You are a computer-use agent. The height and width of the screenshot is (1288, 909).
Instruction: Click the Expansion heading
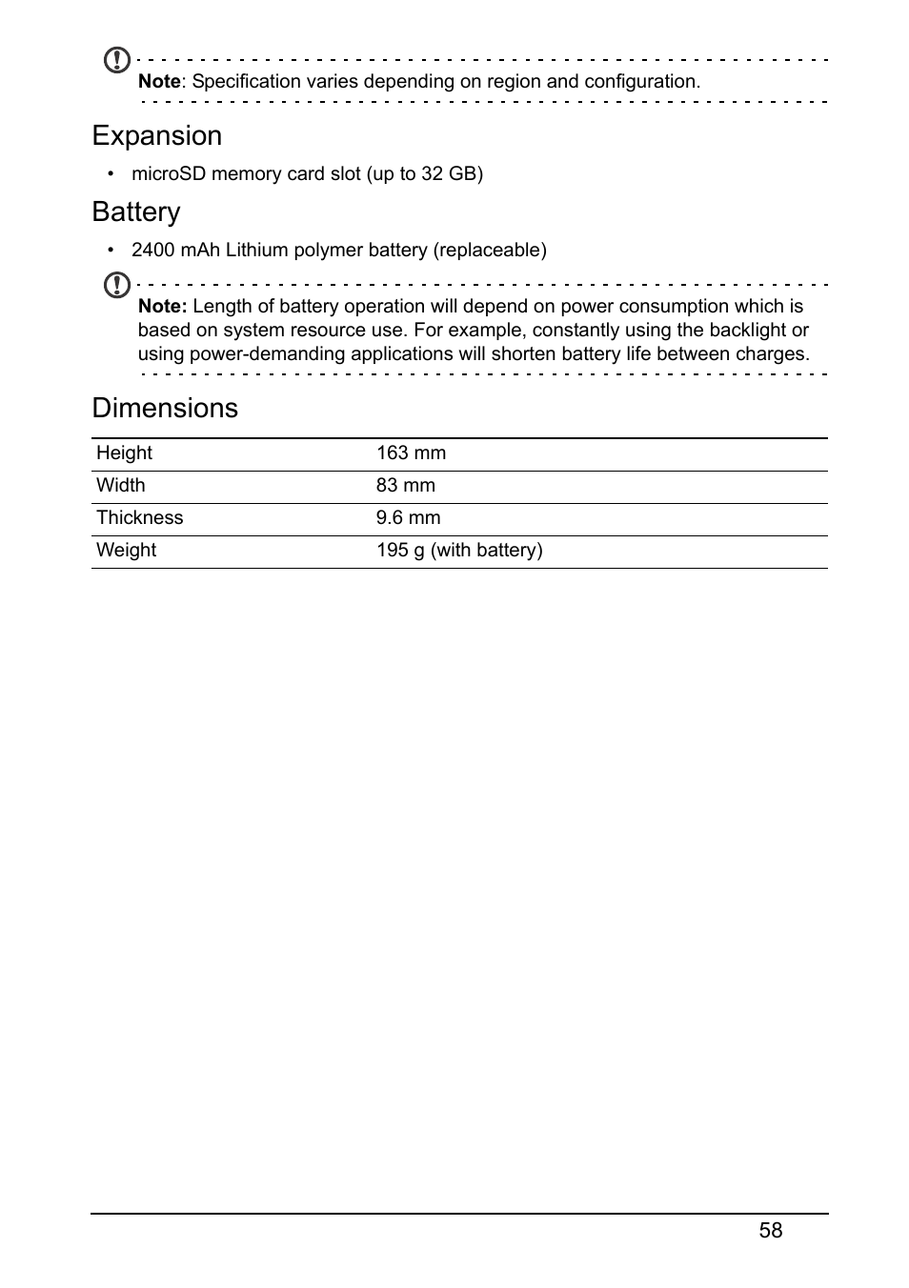[x=157, y=136]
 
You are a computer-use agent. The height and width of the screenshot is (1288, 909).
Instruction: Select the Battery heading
[x=136, y=212]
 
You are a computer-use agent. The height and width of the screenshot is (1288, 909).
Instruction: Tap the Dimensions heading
[x=165, y=409]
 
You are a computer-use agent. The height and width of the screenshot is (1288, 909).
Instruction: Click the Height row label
[x=124, y=453]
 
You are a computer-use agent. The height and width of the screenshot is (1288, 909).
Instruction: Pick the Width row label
[x=121, y=486]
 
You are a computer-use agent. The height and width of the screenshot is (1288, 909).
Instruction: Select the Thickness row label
[x=139, y=518]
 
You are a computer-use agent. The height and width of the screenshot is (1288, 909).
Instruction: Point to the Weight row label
[x=126, y=551]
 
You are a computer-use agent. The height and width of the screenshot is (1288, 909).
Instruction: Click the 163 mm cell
[x=411, y=453]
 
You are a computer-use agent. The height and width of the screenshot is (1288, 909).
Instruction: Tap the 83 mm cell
[x=405, y=486]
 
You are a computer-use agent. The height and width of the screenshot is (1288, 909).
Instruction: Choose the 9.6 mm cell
[x=408, y=518]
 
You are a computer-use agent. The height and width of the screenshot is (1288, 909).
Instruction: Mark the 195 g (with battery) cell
[x=459, y=551]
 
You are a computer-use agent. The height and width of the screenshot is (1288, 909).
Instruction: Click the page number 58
[x=771, y=1231]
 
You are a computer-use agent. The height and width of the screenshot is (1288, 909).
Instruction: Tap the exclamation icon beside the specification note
[x=116, y=61]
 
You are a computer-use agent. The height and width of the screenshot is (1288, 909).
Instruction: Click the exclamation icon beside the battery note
[x=116, y=285]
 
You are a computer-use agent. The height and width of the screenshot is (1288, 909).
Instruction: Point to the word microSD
[x=169, y=174]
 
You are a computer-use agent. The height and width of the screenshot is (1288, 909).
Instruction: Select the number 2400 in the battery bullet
[x=152, y=251]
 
